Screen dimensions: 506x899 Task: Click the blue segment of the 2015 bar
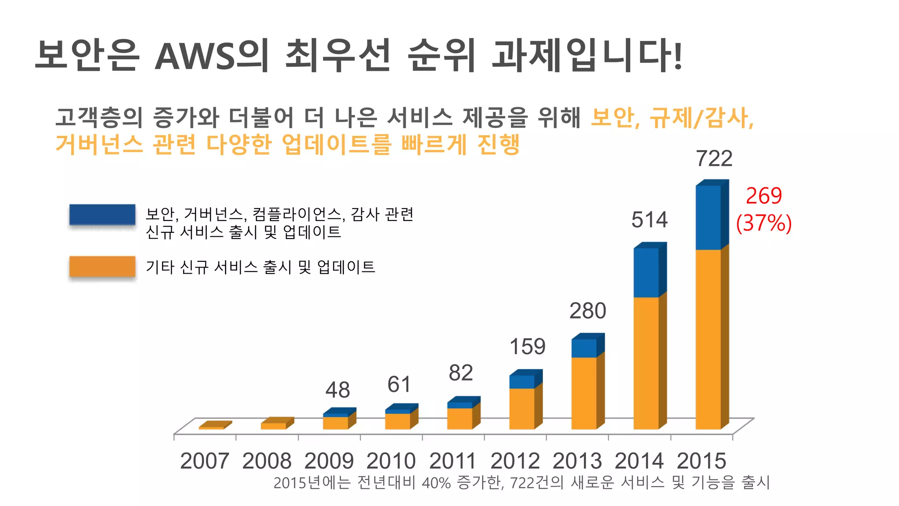coord(708,217)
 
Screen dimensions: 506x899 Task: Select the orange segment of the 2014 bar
coord(646,362)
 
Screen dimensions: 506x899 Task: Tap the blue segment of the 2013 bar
coord(584,348)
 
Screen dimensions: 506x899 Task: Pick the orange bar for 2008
coord(273,426)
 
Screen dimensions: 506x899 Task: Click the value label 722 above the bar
coord(714,159)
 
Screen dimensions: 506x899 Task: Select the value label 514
coord(649,220)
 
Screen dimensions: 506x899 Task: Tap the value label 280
coord(587,311)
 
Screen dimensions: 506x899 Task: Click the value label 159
coord(527,347)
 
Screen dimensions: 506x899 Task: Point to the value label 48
coord(338,390)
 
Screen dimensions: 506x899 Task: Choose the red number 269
coord(764,196)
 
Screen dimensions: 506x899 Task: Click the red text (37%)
coord(764,223)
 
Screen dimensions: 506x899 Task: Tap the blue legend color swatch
coord(102,215)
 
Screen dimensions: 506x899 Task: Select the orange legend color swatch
coord(102,267)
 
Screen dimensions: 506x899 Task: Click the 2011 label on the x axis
coord(453,461)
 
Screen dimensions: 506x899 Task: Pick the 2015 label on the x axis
coord(701,461)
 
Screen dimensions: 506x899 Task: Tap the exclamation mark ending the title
coord(678,56)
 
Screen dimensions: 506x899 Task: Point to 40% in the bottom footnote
coord(436,483)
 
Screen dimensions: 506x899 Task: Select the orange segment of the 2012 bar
coord(522,408)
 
